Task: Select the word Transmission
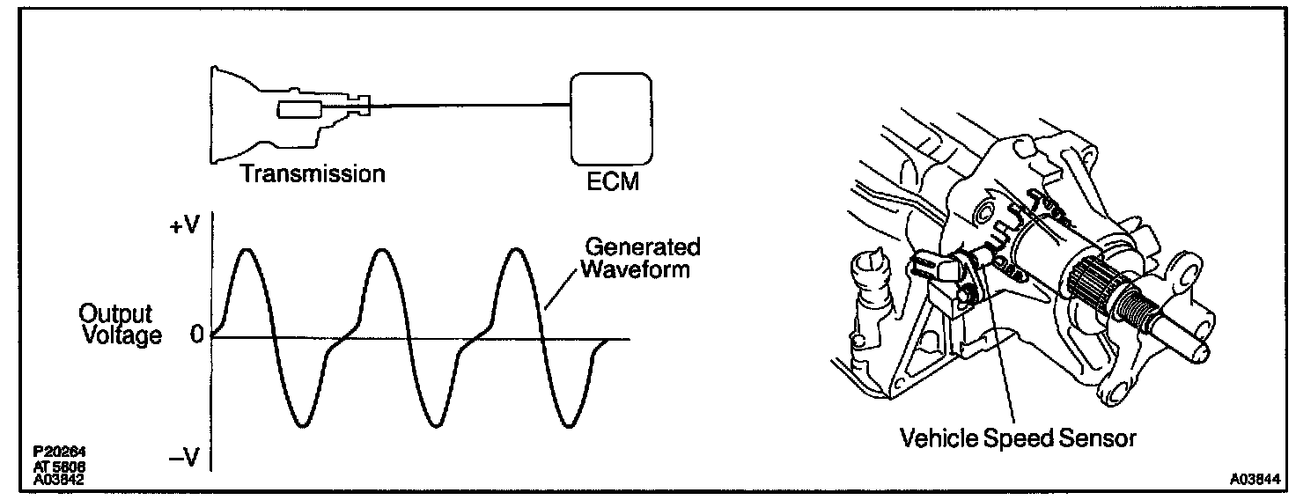pyautogui.click(x=313, y=173)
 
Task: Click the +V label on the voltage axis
pyautogui.click(x=187, y=227)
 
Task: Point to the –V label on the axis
pyautogui.click(x=187, y=458)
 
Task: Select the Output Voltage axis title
pyautogui.click(x=121, y=325)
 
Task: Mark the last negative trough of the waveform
pyautogui.click(x=570, y=426)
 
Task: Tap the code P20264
pyautogui.click(x=55, y=452)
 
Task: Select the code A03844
pyautogui.click(x=1256, y=481)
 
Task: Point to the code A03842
pyautogui.click(x=55, y=480)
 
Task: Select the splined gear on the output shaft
pyautogui.click(x=1095, y=283)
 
